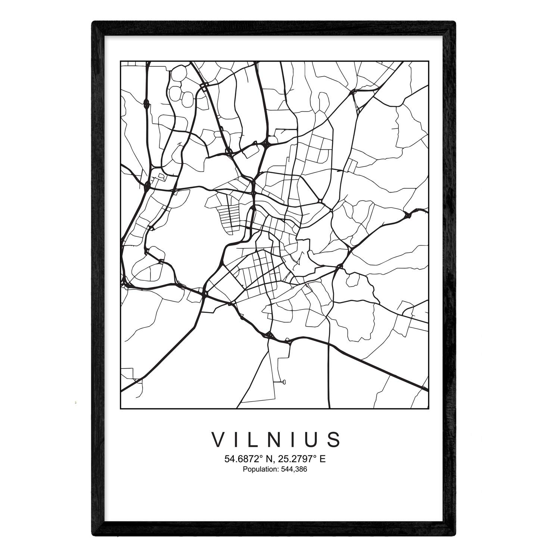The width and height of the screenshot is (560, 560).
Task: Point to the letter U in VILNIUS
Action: coord(313,439)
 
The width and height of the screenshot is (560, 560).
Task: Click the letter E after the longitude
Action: coord(323,459)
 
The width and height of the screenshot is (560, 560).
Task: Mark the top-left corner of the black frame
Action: coord(93,22)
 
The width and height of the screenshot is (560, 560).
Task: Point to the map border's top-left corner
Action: coord(120,61)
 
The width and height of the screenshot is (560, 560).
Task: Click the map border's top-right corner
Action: coord(428,61)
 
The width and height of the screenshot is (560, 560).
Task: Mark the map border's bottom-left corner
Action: coord(120,408)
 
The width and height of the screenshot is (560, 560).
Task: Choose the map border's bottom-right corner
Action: coord(428,408)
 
